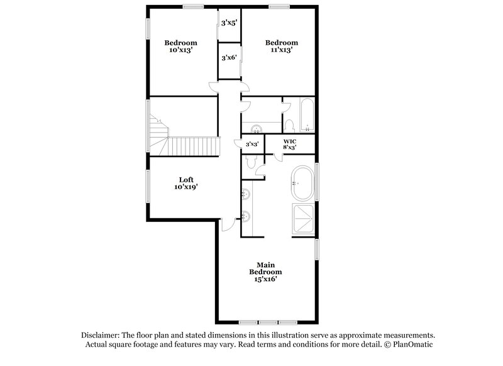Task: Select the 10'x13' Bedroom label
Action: tap(181, 47)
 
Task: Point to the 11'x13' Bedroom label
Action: tap(280, 47)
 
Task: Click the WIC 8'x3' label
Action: tap(290, 144)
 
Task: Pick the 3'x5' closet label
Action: tap(228, 24)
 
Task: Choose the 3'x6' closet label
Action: tap(228, 58)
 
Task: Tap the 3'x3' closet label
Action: tap(251, 144)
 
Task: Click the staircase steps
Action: tap(189, 146)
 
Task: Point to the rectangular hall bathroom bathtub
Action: tap(306, 116)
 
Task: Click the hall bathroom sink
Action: tap(257, 130)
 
